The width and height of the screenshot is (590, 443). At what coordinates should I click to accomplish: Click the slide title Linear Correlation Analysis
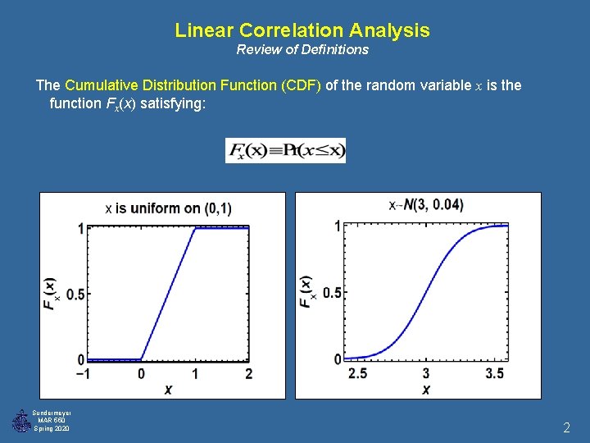[302, 30]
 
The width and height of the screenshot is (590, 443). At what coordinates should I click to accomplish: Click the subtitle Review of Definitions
[302, 50]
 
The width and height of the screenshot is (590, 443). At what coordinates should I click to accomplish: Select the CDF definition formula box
[285, 150]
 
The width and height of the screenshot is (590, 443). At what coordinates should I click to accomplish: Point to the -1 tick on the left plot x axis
[82, 374]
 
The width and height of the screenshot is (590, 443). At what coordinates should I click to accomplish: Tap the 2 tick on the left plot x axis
[248, 374]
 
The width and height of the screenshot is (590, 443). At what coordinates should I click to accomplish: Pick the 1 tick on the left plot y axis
[80, 228]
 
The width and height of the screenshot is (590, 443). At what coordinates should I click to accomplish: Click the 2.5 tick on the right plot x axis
[358, 374]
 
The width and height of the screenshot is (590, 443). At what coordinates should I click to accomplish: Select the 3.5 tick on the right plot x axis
[493, 374]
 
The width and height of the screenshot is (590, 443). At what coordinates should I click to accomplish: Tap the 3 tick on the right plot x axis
[426, 374]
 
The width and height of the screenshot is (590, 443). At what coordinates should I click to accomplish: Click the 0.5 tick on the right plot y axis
[332, 293]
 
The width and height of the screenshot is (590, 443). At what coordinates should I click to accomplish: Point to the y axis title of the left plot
[49, 293]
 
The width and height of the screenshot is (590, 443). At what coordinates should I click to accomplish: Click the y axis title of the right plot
[306, 292]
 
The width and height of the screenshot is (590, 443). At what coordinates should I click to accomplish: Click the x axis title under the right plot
[426, 390]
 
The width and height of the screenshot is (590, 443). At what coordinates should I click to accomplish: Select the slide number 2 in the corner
[566, 427]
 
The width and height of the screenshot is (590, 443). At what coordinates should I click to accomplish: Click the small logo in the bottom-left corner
[20, 421]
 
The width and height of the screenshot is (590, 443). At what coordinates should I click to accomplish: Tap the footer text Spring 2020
[52, 429]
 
